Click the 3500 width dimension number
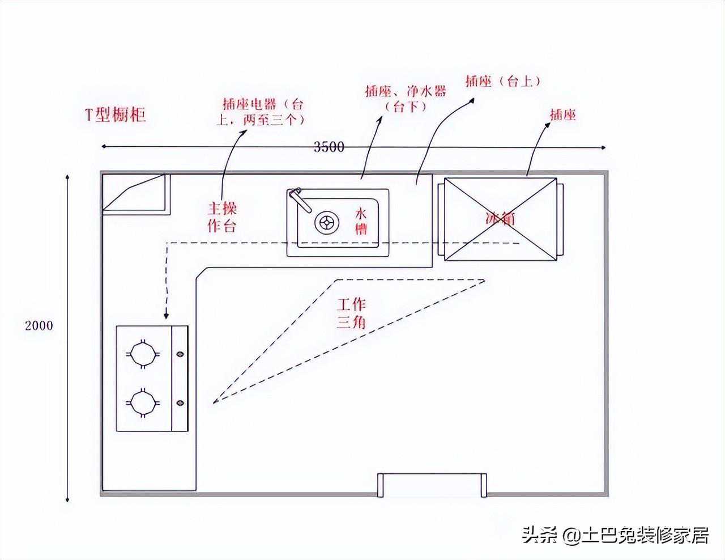coord(329,147)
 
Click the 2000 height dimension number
coord(39,325)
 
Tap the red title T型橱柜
coord(116,114)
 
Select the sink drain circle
coord(327,223)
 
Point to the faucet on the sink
coord(300,200)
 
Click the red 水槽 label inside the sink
coord(361,221)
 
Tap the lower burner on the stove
coord(143,403)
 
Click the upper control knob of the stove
coord(180,354)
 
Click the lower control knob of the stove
coord(180,403)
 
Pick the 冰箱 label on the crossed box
coord(501,219)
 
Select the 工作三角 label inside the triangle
coord(351,313)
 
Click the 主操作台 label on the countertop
coord(222,217)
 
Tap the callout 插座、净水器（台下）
coord(406,99)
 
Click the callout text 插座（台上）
coord(503,82)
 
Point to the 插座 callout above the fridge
coord(563,115)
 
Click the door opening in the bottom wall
coord(432,485)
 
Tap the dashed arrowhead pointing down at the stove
coord(166,315)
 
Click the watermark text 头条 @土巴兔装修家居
coord(615,535)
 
